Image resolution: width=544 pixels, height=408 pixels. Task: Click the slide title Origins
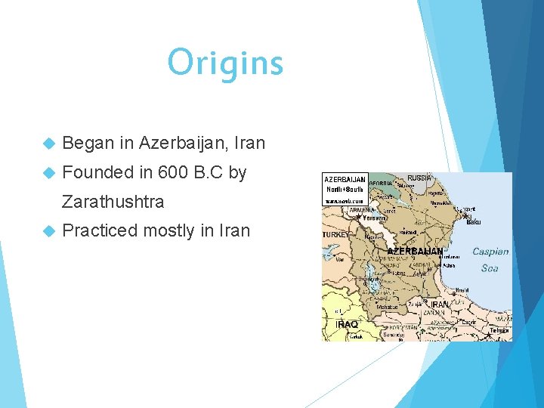pos(225,63)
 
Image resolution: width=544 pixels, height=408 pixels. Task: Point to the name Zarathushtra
pos(113,202)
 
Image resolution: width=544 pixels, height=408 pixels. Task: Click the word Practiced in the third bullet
pos(99,230)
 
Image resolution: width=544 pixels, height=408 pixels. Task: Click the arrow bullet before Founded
pos(50,173)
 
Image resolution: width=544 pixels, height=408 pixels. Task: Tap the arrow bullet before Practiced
pos(50,231)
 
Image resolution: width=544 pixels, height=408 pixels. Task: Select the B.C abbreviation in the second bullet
pos(211,172)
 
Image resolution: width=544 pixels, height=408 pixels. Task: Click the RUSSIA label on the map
pos(420,178)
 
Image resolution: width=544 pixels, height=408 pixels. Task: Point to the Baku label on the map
pos(474,221)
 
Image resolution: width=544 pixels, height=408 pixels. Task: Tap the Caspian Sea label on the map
pos(490,260)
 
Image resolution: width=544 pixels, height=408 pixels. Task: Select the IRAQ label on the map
pos(346,324)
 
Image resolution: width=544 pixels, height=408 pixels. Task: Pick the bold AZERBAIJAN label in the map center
pos(415,250)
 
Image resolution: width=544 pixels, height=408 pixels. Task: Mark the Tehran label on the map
pos(499,330)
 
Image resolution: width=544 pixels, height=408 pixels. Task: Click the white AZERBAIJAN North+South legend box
pos(345,190)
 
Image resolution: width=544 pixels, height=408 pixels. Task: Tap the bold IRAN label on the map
pos(439,304)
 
